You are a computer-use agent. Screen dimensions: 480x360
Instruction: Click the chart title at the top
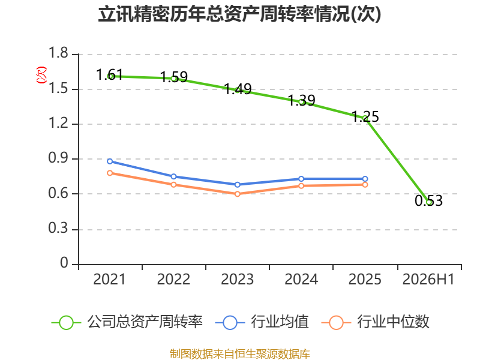click(239, 14)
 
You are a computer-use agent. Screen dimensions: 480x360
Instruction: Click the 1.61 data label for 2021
click(109, 74)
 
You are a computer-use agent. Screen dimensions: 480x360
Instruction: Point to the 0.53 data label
click(428, 201)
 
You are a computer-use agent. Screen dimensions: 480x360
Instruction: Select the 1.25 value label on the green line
click(365, 116)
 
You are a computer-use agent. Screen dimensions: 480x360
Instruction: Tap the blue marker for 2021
click(110, 161)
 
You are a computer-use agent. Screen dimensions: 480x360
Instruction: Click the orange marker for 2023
click(237, 194)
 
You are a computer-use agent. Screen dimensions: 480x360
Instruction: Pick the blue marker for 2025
click(365, 179)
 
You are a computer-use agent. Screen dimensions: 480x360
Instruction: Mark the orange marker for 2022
click(173, 185)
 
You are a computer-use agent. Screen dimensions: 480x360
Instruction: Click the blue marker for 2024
click(301, 179)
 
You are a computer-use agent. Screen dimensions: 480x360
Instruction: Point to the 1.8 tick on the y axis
click(58, 53)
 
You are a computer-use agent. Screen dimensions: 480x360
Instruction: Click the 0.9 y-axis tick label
click(58, 158)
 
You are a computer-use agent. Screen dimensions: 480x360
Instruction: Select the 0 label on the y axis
click(64, 263)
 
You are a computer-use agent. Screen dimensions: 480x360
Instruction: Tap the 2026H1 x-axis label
click(428, 280)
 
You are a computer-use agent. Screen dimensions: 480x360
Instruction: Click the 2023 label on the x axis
click(237, 280)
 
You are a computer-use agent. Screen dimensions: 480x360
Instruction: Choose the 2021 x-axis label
click(110, 280)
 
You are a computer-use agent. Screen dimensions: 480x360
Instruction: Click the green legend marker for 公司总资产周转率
click(66, 323)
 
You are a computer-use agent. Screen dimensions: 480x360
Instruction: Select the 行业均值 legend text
click(280, 322)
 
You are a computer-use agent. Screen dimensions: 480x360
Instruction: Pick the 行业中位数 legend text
click(393, 322)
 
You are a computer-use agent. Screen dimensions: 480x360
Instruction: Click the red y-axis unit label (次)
click(41, 75)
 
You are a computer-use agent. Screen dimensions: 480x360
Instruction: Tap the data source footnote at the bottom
click(239, 354)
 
